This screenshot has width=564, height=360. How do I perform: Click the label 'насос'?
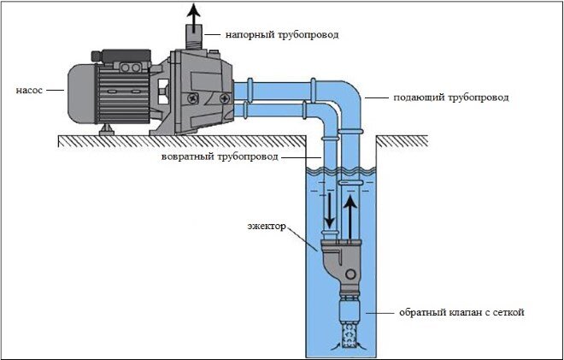coord(29,90)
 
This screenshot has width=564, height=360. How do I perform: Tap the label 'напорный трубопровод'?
coord(282,35)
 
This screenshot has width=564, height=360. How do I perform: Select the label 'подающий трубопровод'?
coord(451,97)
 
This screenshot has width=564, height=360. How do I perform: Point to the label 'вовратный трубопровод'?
coord(220,157)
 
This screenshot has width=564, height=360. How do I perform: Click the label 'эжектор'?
coord(267,227)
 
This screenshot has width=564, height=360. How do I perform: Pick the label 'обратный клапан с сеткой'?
coord(461,312)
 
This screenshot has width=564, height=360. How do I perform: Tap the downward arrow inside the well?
coord(329,210)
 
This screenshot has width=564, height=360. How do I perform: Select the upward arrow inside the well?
coord(350,217)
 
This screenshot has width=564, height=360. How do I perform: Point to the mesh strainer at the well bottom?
coord(349,336)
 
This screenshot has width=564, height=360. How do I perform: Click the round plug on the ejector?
coord(350,274)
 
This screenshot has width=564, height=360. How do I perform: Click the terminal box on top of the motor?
coord(122,56)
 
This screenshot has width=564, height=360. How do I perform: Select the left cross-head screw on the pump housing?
coord(192,98)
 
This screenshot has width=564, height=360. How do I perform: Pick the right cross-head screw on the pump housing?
coord(225,98)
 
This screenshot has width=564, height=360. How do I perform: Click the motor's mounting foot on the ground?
coord(107,130)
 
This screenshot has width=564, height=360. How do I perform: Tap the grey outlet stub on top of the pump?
coord(194,37)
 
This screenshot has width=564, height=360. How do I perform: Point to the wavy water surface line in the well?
coord(341,170)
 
